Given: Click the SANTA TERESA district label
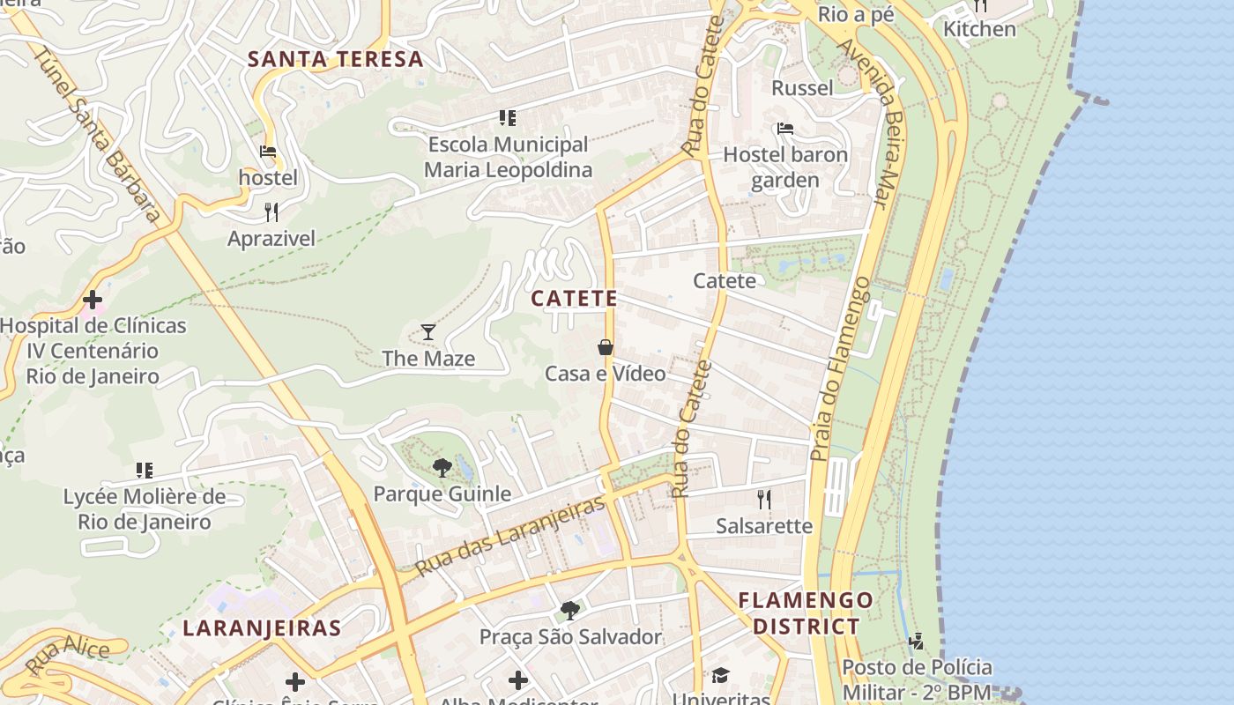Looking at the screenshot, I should (x=335, y=60).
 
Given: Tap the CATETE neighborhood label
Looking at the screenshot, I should (x=574, y=299).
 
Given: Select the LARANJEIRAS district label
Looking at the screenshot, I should (x=262, y=628).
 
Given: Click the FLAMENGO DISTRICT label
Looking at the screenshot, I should (x=806, y=613).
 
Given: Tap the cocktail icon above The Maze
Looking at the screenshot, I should (x=428, y=332).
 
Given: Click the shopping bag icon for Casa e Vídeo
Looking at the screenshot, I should (x=606, y=347).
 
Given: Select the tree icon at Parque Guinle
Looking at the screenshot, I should (x=442, y=467).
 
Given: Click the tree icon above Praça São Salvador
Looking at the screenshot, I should (x=570, y=610).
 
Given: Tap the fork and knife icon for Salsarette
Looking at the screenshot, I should (x=764, y=500).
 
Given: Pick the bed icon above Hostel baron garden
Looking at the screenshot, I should (x=785, y=129).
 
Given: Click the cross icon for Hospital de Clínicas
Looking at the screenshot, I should (x=93, y=300).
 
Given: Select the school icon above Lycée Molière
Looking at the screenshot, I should (x=145, y=471).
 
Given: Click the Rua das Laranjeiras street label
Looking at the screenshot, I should (x=511, y=536).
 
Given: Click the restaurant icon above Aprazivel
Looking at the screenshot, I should (x=271, y=211).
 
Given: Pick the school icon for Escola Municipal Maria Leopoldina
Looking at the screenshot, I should (x=507, y=117).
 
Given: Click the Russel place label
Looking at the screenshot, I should (x=802, y=88).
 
